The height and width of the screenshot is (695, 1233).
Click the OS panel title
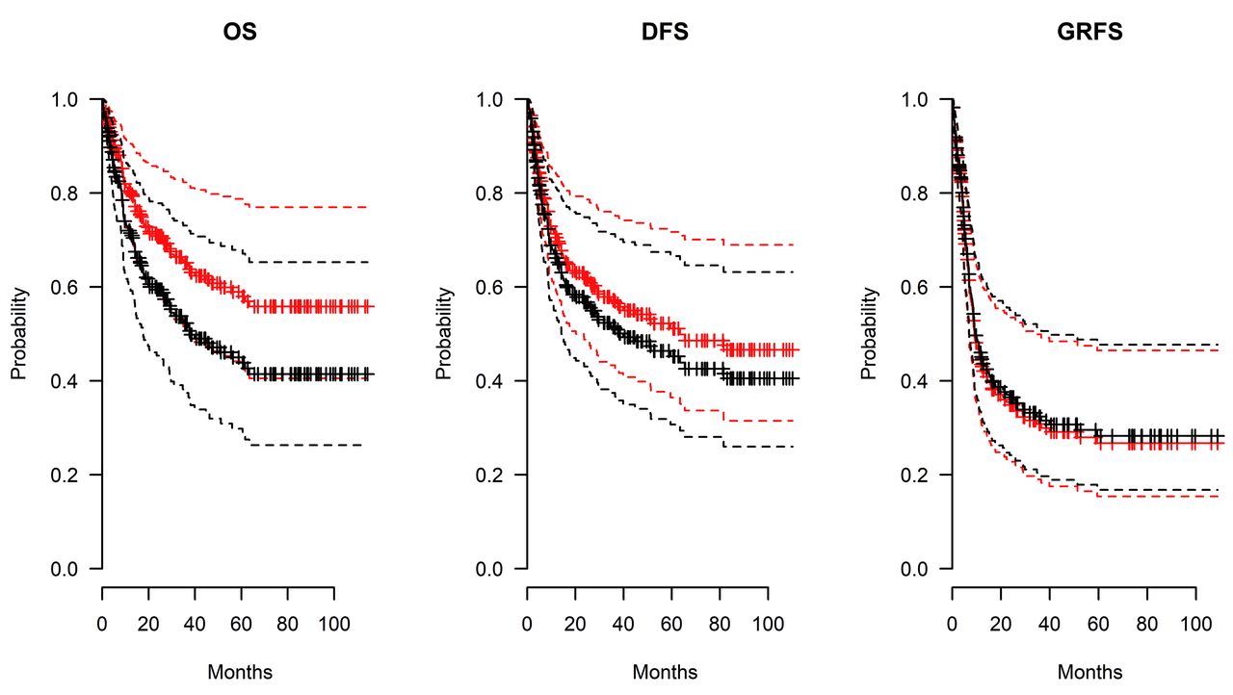point(240,33)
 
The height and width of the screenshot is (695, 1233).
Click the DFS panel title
point(665,33)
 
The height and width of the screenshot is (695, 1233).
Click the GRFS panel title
point(1089,33)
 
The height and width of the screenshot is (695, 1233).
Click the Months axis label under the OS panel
point(240,672)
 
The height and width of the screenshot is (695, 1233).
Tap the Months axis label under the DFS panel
point(665,672)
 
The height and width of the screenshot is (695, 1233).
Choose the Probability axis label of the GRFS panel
point(869,334)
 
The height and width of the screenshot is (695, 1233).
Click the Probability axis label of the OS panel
point(18,334)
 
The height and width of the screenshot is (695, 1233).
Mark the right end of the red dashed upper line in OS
point(369,207)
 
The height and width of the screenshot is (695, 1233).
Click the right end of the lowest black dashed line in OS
point(363,445)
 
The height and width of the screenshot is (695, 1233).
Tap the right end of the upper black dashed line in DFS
point(794,272)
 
